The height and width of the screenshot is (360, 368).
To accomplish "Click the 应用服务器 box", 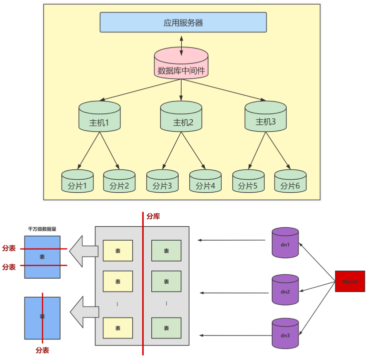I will [x=183, y=22].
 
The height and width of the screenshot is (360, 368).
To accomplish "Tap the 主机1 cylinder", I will [x=99, y=117].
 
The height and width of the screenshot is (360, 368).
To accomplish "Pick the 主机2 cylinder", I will [x=181, y=117].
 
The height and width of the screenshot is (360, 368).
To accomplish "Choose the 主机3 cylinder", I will [x=266, y=116].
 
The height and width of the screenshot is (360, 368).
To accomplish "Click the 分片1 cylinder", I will [x=77, y=182].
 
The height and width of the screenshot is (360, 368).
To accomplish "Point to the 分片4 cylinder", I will [x=205, y=182].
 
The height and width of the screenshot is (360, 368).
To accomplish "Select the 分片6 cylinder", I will [x=290, y=182].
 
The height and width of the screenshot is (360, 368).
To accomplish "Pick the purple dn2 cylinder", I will [x=285, y=290].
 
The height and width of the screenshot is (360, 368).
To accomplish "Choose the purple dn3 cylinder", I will [x=285, y=334].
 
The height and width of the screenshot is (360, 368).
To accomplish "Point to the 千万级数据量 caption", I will [x=42, y=230].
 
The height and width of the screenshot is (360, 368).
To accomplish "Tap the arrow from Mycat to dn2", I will [x=317, y=286].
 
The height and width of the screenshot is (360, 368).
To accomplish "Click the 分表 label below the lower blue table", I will [x=42, y=351].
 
